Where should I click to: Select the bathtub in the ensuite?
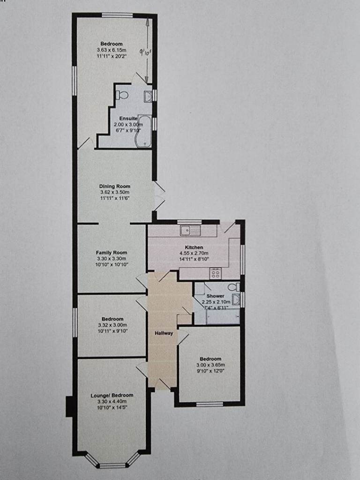click(x=144, y=131)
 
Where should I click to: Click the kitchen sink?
click(x=190, y=230)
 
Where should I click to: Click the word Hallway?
click(x=164, y=333)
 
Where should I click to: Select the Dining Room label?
click(x=114, y=186)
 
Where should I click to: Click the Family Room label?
click(x=112, y=253)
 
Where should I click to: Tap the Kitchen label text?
click(x=194, y=247)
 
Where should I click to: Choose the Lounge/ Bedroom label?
click(x=112, y=396)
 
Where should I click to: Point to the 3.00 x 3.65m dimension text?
click(x=210, y=365)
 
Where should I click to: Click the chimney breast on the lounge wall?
click(x=69, y=406)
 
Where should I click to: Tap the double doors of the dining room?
click(x=159, y=195)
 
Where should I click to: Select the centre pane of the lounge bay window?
click(x=112, y=465)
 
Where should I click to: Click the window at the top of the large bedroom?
click(x=117, y=15)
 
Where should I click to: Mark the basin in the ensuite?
click(x=148, y=96)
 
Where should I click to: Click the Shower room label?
click(x=215, y=296)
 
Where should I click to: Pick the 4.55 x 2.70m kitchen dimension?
click(x=194, y=253)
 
